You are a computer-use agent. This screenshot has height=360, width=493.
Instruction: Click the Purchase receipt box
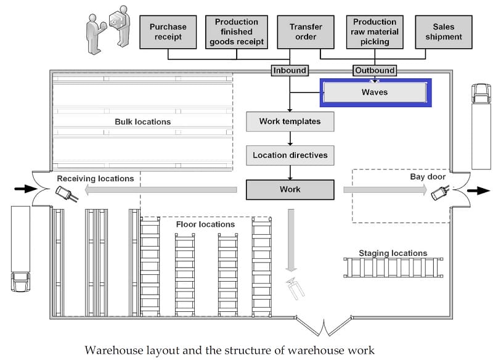(168, 32)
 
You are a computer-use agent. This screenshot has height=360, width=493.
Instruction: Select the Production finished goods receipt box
(236, 32)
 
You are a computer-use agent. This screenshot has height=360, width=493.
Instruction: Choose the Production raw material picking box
(375, 32)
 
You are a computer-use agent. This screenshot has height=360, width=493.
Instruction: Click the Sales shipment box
(443, 32)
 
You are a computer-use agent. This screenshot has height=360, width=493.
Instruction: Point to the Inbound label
(290, 70)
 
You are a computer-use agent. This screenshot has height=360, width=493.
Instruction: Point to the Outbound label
(374, 70)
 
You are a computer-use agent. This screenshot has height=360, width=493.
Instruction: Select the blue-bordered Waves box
(375, 92)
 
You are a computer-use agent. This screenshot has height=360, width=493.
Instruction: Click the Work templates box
(290, 121)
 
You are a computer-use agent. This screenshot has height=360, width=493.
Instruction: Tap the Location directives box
(290, 155)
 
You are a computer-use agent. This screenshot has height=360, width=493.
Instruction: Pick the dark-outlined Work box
(290, 189)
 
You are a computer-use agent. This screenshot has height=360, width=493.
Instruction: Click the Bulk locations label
(142, 121)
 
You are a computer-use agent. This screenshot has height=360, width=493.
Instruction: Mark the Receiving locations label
(96, 178)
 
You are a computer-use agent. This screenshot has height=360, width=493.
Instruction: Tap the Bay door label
(428, 177)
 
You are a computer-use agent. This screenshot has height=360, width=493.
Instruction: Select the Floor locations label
(205, 224)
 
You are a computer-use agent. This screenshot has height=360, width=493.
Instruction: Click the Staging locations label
(393, 253)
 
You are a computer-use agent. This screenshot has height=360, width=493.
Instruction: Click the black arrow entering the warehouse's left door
(23, 189)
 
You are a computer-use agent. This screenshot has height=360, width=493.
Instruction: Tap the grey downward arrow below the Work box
(291, 240)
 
